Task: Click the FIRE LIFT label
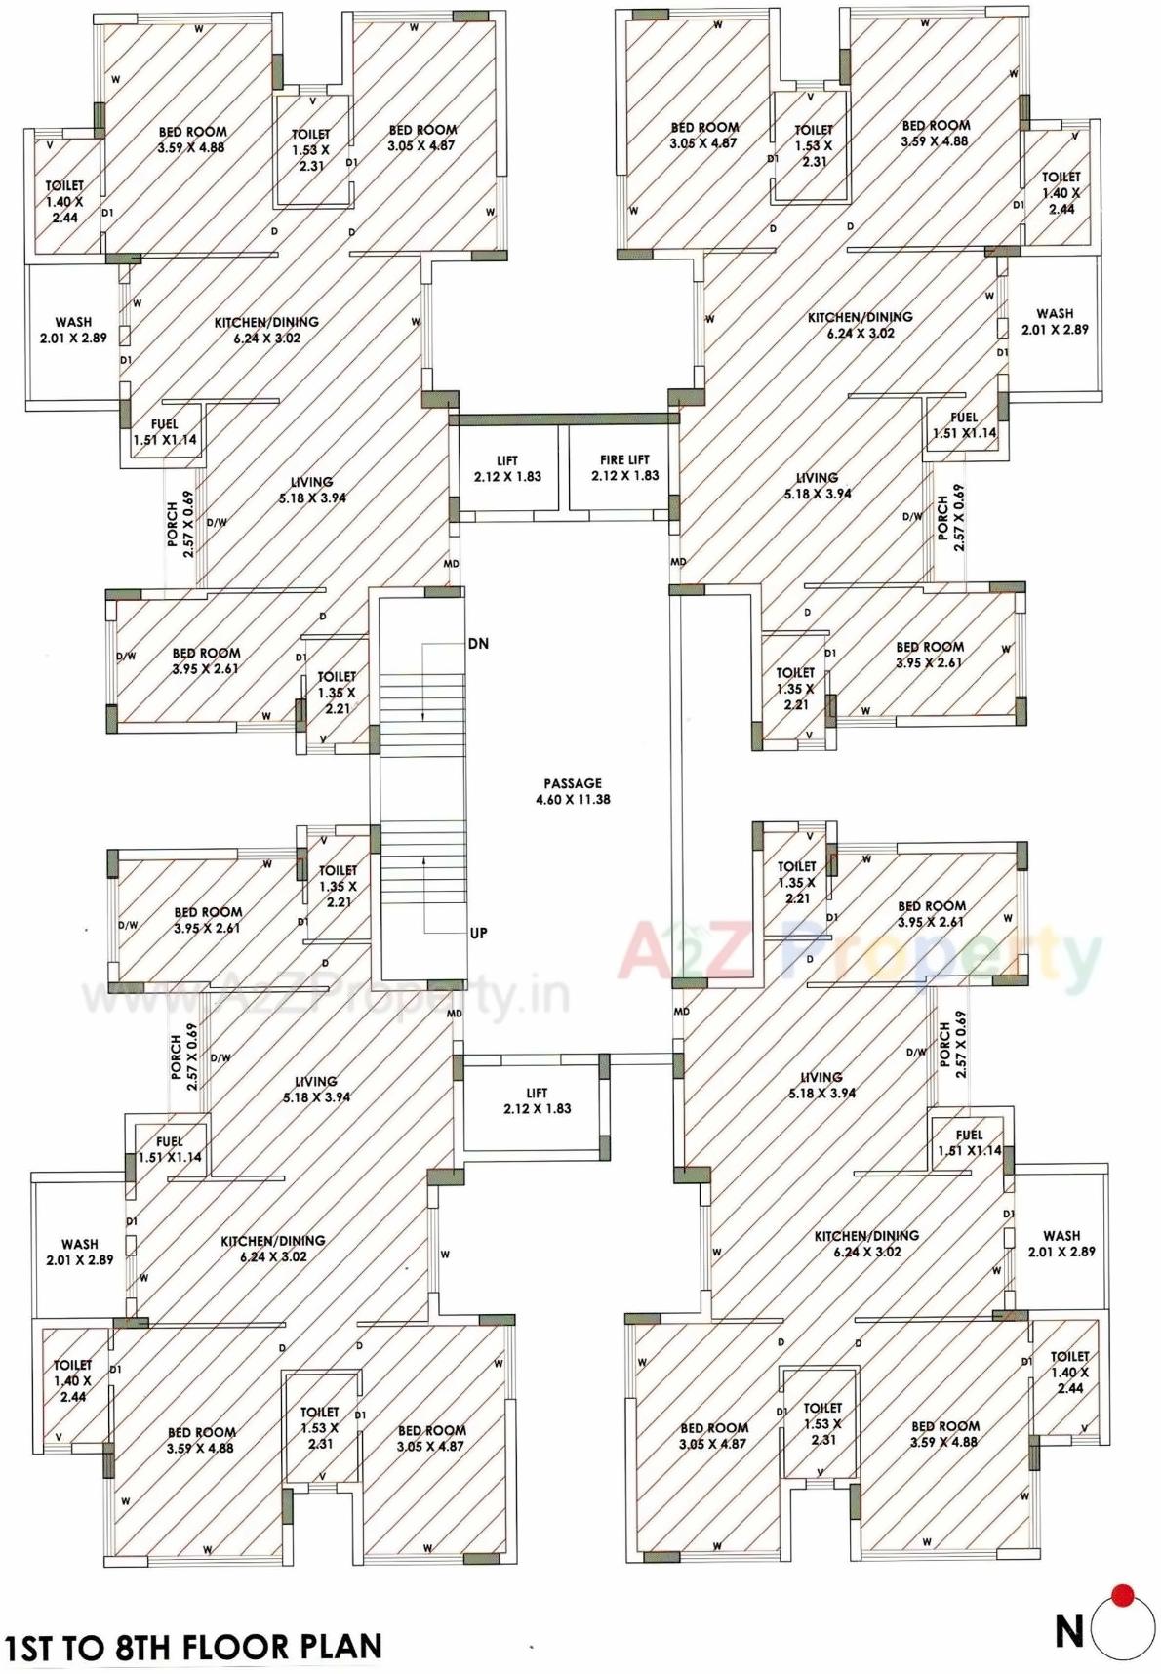(624, 467)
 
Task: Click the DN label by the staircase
(478, 644)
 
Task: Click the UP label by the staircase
(478, 933)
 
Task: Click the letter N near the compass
(1069, 1631)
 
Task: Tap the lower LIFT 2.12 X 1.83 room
(537, 1100)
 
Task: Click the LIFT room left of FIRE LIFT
(507, 468)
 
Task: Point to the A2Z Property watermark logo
(859, 951)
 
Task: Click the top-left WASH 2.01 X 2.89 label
(73, 330)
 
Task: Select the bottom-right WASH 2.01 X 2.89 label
(1061, 1243)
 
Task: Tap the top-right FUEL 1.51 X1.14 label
(964, 425)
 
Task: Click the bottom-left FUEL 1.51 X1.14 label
(169, 1149)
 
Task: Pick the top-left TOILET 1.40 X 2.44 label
(64, 201)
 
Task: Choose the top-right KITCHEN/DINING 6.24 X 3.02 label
(860, 325)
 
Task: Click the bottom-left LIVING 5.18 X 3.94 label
(316, 1089)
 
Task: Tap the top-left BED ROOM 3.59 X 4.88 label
(192, 139)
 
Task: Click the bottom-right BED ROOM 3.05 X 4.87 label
(713, 1435)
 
